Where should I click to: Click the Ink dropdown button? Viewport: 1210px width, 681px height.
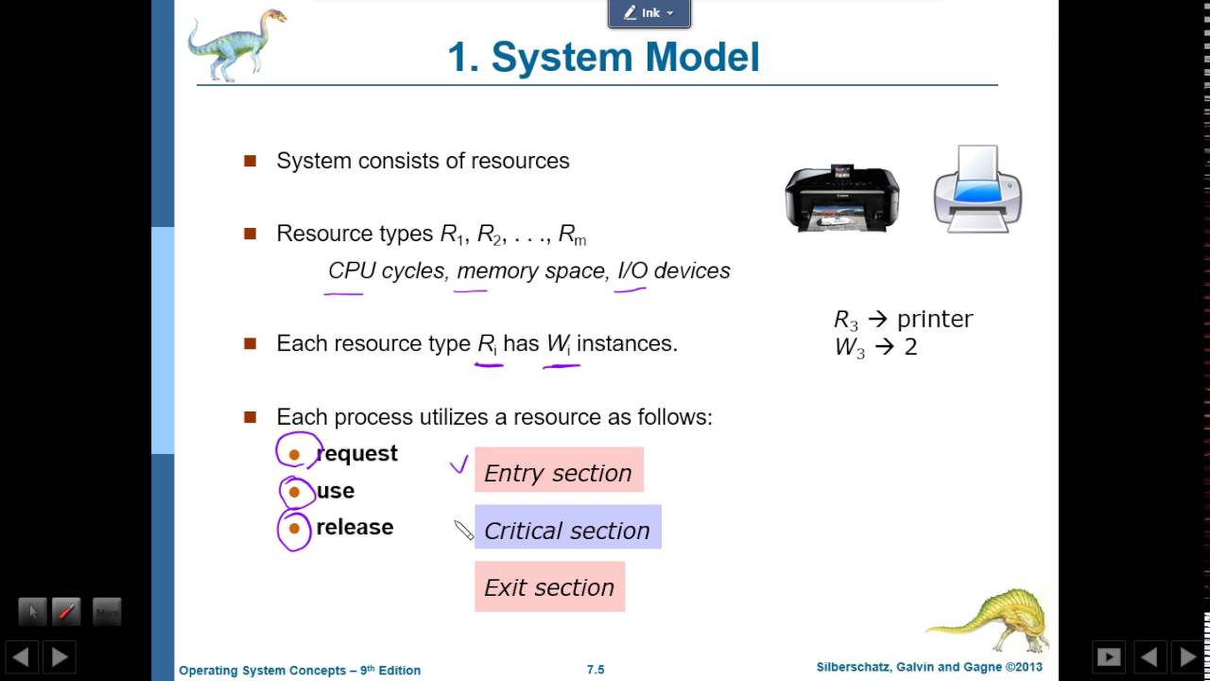[x=649, y=13]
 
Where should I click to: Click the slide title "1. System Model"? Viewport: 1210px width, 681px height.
[x=603, y=57]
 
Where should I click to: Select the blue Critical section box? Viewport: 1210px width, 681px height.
[x=567, y=528]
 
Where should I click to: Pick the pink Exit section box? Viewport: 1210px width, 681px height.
[x=549, y=586]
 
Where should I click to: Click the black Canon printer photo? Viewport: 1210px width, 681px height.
[x=842, y=198]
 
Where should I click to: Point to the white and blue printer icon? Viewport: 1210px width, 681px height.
[x=977, y=189]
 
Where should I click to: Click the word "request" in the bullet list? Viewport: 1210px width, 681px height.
[x=356, y=454]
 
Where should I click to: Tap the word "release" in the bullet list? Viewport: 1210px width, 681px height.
[x=354, y=527]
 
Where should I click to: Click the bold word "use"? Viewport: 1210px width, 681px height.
[x=336, y=491]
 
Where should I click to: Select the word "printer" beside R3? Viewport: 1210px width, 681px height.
[x=934, y=319]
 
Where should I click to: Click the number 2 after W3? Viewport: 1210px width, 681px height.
[x=910, y=347]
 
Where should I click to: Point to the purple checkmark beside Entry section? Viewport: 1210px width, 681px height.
[x=458, y=463]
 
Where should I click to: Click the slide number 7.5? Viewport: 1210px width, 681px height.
[x=596, y=670]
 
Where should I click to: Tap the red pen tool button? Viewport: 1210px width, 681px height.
[x=66, y=612]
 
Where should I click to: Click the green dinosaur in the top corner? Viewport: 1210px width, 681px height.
[x=235, y=43]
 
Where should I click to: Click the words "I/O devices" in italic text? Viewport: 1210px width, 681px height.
[x=673, y=271]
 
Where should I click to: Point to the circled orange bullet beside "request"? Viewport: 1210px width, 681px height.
[x=294, y=455]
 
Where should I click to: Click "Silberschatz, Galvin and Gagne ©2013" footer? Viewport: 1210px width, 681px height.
[x=929, y=668]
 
